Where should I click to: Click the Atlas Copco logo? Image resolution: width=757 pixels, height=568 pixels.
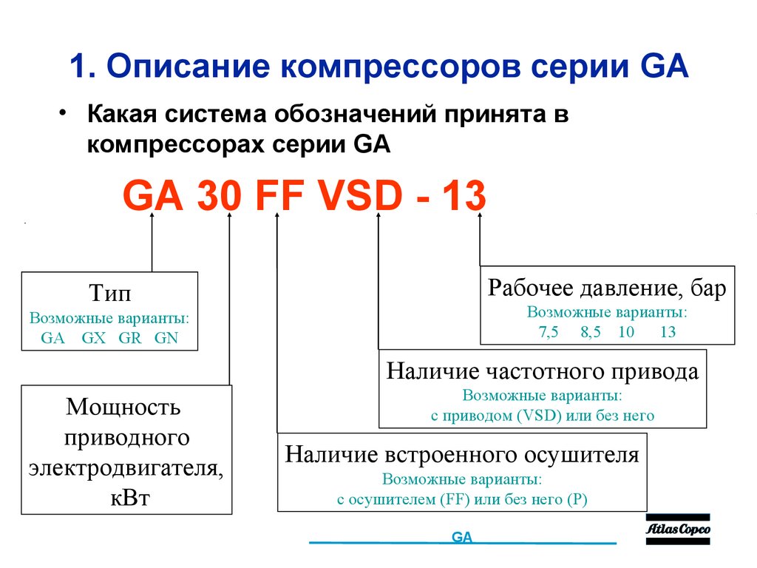678,530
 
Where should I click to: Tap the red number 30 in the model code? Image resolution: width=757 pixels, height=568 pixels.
219,197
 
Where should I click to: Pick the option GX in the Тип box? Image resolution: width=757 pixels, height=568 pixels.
95,339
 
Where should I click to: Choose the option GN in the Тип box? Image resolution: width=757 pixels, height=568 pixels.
166,339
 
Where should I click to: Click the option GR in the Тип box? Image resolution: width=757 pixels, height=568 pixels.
130,339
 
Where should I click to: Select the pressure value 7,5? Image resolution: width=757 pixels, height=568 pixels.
549,331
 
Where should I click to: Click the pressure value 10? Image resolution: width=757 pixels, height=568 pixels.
626,331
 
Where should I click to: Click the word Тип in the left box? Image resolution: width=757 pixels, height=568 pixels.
110,294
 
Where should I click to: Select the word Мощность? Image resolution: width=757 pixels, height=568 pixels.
123,406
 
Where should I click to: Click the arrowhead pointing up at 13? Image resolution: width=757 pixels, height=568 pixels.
480,217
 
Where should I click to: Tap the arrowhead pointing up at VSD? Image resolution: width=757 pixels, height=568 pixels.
378,217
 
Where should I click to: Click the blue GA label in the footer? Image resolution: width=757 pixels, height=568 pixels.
462,538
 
